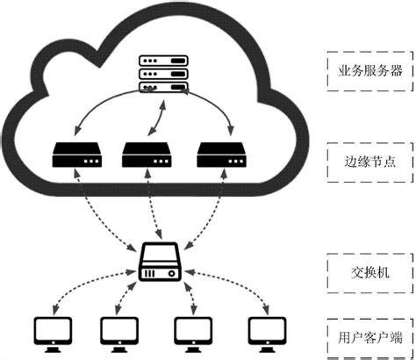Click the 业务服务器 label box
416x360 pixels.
370,71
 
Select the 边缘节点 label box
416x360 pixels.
370,162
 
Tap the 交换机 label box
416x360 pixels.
370,273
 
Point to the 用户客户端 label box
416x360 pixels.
370,338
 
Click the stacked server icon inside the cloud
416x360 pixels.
163,74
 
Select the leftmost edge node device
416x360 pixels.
77,155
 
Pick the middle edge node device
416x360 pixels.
147,155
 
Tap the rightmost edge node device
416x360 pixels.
221,155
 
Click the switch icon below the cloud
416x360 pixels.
160,262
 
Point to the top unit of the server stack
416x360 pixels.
163,61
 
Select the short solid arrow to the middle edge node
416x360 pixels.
157,119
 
